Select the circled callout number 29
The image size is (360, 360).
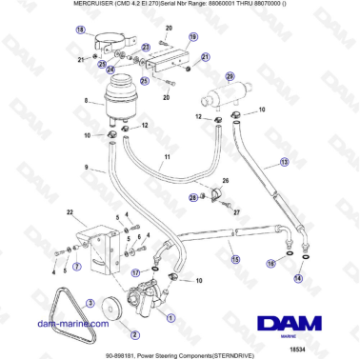pos(229,75)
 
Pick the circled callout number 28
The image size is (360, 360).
pos(191,198)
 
